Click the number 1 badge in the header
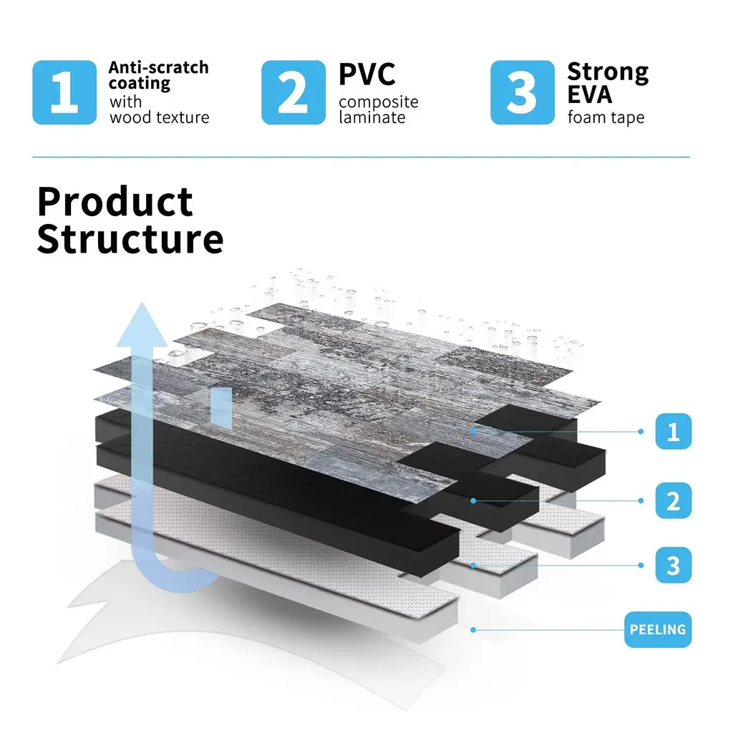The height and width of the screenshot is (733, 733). (x=64, y=93)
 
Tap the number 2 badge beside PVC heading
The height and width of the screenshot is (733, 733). (x=293, y=93)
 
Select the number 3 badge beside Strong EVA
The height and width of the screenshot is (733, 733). (x=522, y=93)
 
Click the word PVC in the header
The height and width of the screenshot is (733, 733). (x=367, y=74)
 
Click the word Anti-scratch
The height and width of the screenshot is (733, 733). (x=158, y=68)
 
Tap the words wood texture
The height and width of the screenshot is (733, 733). (x=159, y=117)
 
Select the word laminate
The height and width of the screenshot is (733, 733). (x=372, y=117)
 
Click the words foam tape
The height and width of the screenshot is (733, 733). (x=606, y=117)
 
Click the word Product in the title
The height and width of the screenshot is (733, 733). (x=115, y=202)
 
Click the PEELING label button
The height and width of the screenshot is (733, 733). (x=658, y=630)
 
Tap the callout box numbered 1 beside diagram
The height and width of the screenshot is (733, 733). (x=673, y=432)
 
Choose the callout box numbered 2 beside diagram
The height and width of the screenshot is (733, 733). (x=673, y=500)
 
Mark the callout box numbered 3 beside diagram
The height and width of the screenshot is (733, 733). (x=673, y=565)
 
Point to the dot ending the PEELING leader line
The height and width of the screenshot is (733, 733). (x=473, y=630)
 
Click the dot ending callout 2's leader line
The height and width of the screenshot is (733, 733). (x=473, y=500)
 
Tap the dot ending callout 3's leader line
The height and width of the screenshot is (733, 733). (x=473, y=565)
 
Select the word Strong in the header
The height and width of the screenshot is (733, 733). (x=608, y=72)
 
